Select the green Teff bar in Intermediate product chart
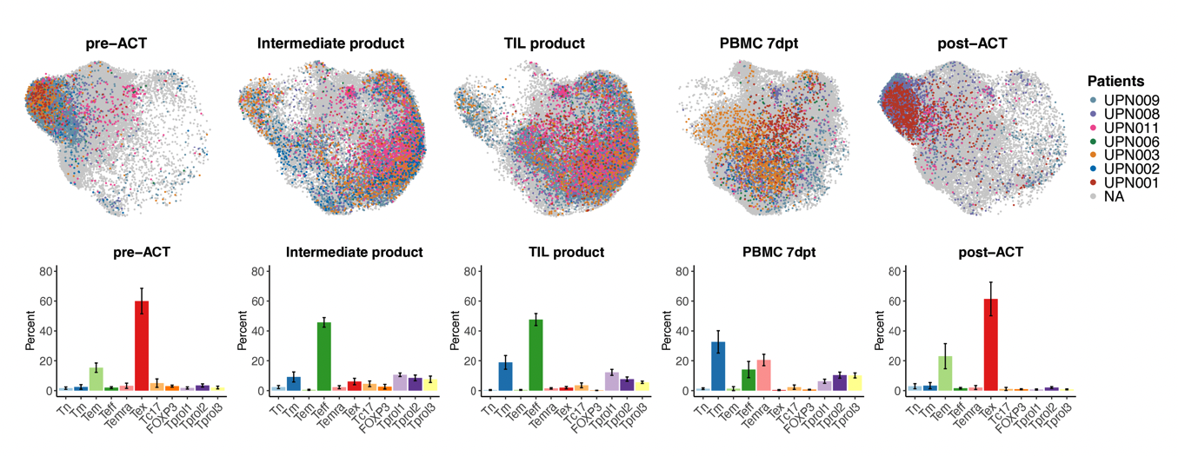coord(323,357)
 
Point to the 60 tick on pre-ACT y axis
coord(48,301)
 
